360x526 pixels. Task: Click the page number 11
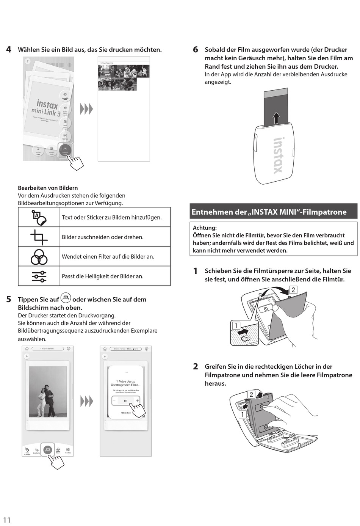pos(7,520)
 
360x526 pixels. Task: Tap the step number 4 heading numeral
pos(9,50)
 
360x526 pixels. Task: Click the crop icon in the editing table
pos(39,237)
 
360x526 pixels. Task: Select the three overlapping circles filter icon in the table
pos(39,257)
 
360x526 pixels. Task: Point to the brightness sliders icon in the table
pos(39,276)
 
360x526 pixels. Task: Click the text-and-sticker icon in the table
pos(39,217)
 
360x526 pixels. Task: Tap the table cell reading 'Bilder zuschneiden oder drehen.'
pos(103,237)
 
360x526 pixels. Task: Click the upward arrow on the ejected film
pos(276,118)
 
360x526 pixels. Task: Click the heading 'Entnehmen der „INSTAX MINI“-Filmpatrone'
pos(269,212)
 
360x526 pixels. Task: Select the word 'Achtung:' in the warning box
pos(205,228)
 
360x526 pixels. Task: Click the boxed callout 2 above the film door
pos(293,290)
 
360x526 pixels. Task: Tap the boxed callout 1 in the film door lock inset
pos(236,325)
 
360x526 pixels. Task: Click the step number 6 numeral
pos(196,50)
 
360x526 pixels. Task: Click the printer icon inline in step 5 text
pos(66,298)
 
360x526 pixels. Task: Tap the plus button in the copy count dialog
pos(137,400)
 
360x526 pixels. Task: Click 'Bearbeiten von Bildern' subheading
pos(48,188)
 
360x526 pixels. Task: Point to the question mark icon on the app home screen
pos(27,61)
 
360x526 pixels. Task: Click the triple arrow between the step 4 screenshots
pos(86,109)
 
